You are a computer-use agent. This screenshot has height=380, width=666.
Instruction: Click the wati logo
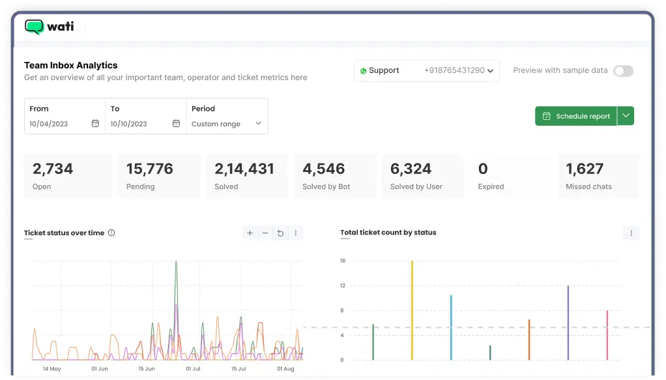point(49,27)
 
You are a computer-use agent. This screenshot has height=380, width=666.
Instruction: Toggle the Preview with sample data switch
point(623,71)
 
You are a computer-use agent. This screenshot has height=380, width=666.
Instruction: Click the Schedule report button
point(576,116)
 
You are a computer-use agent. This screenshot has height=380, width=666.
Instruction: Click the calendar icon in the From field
point(95,124)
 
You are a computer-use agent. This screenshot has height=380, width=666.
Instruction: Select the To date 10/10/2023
point(128,124)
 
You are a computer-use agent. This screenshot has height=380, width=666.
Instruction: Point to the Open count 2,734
point(53,169)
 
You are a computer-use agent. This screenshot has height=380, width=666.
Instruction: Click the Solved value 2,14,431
point(244,169)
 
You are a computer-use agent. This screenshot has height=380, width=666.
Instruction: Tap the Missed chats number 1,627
point(585,169)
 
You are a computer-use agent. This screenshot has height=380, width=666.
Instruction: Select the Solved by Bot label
point(326,186)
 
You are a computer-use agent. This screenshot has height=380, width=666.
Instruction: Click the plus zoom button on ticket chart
point(250,233)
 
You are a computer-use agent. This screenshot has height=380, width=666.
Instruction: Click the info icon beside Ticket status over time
point(111,233)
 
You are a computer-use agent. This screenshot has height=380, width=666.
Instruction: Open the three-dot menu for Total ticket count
point(631,233)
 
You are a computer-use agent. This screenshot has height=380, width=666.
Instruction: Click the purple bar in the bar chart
point(568,323)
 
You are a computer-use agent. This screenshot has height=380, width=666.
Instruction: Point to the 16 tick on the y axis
point(342,261)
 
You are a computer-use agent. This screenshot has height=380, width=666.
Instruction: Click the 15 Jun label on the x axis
point(147,369)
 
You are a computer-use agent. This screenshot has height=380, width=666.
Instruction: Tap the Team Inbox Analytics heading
point(71,65)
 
